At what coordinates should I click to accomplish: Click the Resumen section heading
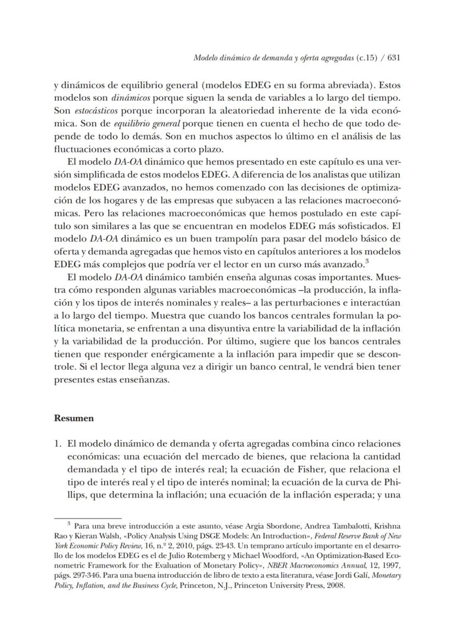(74, 418)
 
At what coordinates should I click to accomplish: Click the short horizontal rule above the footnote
(87, 518)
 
